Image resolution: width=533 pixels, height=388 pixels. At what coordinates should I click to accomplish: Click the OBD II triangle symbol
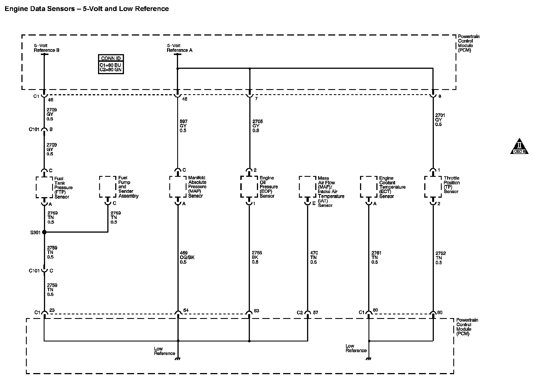coord(519,147)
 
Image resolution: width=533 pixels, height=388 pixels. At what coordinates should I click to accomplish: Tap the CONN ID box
coord(111,64)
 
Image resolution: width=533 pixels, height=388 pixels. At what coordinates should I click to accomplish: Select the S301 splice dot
coord(44,232)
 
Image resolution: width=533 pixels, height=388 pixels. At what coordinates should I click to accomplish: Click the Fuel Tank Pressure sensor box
coord(44,187)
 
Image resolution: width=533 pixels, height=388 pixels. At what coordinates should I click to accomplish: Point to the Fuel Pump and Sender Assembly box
coord(108,187)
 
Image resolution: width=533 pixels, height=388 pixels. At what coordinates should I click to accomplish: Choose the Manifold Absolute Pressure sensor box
coord(178,187)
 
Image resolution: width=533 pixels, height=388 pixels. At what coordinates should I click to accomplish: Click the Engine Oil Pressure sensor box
coord(249,187)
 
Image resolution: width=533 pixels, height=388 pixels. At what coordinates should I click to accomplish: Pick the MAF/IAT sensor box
coord(307,187)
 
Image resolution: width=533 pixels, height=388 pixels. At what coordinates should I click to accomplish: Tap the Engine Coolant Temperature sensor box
coord(368,187)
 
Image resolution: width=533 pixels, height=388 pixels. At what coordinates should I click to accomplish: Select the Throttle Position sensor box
coord(433,187)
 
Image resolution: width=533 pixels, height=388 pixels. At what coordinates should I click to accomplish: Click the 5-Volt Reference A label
coord(179,48)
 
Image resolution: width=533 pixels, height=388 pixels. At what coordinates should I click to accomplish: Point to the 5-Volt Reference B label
coord(46,48)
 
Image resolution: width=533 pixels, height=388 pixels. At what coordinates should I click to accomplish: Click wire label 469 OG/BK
coord(187,257)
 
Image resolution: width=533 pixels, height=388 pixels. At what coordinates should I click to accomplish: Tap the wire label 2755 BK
coord(257,257)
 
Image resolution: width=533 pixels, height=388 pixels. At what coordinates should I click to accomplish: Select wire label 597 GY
coord(183,126)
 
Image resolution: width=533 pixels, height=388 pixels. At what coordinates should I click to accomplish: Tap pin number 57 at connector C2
coord(316,312)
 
